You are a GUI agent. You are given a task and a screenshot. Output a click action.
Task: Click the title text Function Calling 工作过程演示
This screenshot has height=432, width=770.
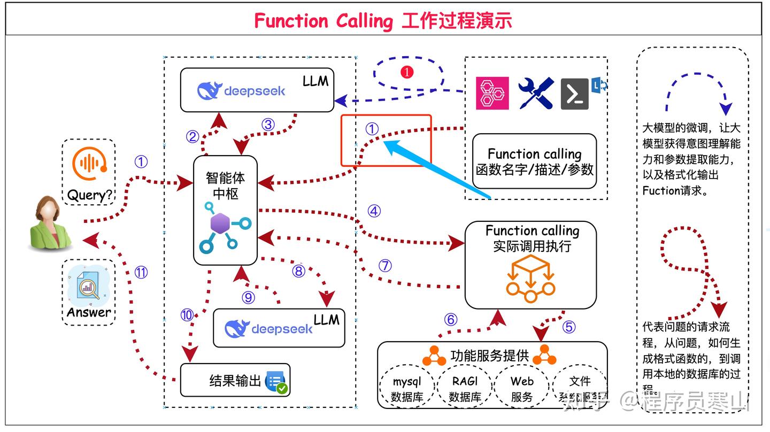(x=383, y=21)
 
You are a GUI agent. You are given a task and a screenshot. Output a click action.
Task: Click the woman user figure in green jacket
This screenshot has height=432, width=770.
(x=51, y=223)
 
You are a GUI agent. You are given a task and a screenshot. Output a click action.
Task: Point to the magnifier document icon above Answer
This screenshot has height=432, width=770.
(x=88, y=288)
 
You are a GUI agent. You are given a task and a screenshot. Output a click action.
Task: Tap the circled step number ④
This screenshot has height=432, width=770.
(x=374, y=211)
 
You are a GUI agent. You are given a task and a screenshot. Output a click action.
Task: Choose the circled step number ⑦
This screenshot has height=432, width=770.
(x=385, y=266)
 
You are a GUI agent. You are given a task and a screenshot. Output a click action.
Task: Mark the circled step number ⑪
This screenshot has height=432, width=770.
(x=141, y=273)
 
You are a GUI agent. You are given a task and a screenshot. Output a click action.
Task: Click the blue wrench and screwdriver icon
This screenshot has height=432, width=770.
(x=536, y=94)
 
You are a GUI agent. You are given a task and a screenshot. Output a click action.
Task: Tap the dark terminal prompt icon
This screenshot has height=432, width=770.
(x=575, y=94)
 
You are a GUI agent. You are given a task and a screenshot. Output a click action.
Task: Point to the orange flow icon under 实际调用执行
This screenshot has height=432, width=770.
(x=530, y=279)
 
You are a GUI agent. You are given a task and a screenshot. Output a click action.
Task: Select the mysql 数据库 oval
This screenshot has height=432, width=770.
(x=407, y=389)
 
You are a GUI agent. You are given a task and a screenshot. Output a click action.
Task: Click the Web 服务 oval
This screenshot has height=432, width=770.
(x=522, y=389)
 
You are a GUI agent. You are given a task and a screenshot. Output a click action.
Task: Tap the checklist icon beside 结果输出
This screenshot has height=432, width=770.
(x=276, y=382)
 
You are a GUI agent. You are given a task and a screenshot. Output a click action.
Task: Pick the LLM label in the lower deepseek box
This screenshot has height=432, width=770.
(x=326, y=320)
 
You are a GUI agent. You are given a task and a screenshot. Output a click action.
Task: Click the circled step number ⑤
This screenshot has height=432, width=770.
(x=569, y=326)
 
